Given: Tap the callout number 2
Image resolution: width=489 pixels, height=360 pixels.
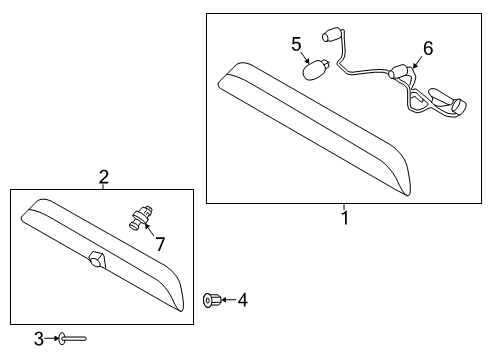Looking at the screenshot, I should [103, 177].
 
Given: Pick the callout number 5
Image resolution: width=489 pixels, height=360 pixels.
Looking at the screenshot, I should [296, 44].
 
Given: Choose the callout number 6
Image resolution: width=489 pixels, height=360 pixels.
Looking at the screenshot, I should [428, 48].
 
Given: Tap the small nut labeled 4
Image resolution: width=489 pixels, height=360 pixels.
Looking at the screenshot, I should [211, 299].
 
